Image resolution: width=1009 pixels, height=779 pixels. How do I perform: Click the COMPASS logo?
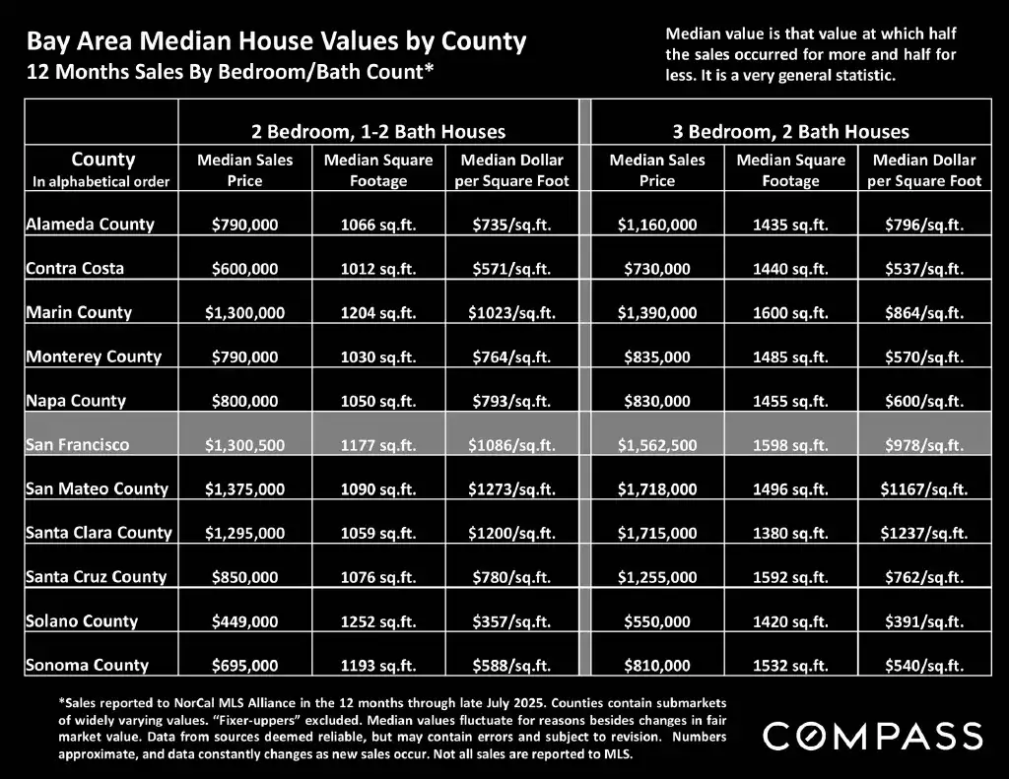[872, 736]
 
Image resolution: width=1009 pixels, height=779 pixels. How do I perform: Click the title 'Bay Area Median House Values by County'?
[276, 42]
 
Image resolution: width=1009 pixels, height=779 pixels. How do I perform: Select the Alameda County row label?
[90, 224]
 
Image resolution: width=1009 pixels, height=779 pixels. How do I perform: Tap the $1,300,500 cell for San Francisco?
[245, 445]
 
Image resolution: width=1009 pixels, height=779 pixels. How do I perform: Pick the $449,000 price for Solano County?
[245, 621]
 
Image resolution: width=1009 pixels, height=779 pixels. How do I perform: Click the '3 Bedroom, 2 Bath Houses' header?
[790, 131]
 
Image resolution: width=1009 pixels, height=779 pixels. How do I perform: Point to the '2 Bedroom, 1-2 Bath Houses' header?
[377, 131]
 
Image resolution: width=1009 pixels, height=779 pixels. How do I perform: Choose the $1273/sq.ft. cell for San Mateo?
[511, 489]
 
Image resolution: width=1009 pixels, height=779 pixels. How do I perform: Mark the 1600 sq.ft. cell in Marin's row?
[790, 312]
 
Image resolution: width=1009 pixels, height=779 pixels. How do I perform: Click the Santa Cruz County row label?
[96, 576]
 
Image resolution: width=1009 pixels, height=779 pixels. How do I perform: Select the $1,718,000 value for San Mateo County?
[657, 489]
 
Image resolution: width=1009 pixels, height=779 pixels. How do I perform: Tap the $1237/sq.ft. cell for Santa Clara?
[923, 533]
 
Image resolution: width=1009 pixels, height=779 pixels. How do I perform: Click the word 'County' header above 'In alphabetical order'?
[103, 160]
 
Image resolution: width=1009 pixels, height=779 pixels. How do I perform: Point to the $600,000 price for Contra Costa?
[245, 269]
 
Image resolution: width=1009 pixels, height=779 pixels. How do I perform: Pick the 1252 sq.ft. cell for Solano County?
[378, 621]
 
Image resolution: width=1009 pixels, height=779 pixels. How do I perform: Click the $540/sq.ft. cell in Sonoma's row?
[923, 666]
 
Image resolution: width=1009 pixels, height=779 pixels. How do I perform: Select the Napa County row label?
[76, 401]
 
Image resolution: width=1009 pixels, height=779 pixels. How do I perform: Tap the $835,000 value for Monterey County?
[657, 357]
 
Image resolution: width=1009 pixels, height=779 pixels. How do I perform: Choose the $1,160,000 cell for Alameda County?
[657, 225]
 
